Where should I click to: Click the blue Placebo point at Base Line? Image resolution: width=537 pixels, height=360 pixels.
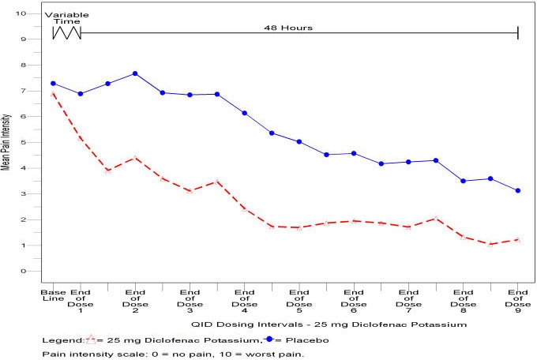53,84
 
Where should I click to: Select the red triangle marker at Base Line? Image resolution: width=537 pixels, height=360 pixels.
53,94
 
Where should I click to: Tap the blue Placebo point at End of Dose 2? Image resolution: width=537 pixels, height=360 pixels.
135,73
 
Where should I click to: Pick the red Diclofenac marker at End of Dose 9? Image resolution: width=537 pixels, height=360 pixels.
517,239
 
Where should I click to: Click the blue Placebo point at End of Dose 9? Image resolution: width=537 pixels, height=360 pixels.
517,190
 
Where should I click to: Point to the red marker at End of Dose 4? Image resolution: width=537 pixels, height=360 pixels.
244,208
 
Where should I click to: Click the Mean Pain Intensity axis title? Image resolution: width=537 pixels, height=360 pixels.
6,142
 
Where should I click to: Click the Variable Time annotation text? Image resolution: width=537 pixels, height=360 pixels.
66,19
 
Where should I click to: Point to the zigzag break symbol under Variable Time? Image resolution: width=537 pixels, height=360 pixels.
66,33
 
